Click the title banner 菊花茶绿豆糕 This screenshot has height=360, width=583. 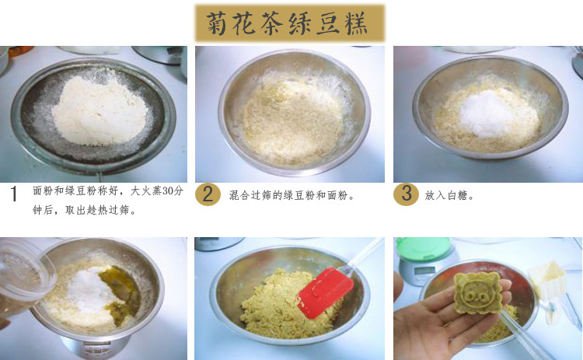pos(290,23)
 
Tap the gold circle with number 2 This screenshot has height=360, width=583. pos(208,194)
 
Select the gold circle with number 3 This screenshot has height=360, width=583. pos(406,194)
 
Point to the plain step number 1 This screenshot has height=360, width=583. pos(14,194)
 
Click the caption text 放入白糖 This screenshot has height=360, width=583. pos(449,195)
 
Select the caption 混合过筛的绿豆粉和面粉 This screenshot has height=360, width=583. pos(291,195)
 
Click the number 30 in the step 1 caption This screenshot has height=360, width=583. pos(168,190)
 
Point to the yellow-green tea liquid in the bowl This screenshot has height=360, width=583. pos(120,294)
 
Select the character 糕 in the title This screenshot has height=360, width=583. pos(357,23)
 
